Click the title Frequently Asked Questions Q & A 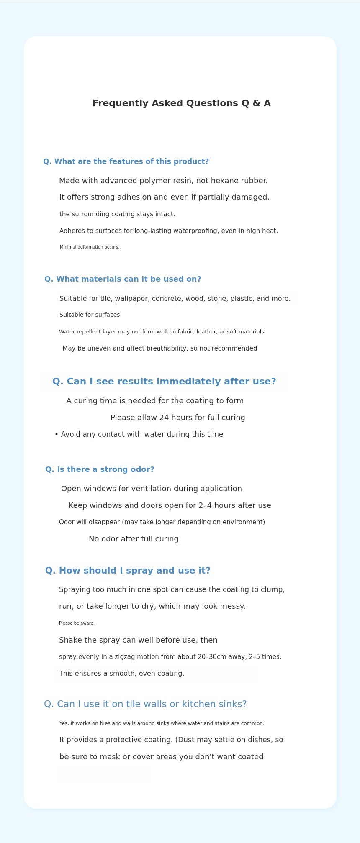coord(181,103)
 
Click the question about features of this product coord(126,161)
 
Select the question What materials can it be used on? coord(123,279)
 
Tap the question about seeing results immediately coord(164,382)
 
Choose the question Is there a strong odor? coord(100,469)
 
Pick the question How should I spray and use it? coord(128,571)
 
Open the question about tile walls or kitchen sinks coord(145,704)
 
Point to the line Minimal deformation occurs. coord(90,247)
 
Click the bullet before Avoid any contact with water coord(57,434)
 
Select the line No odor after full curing coord(134,539)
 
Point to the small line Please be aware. coord(77,623)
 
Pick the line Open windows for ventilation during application coord(152,489)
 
